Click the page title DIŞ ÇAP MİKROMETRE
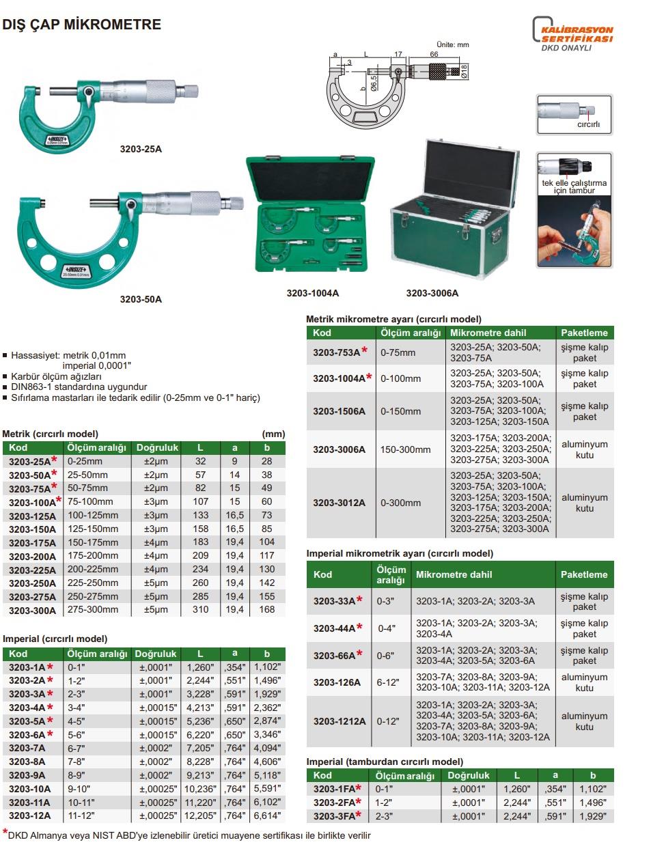(x=82, y=25)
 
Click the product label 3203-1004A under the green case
(x=312, y=293)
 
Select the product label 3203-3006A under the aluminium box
(x=432, y=293)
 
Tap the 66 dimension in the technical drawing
(x=434, y=54)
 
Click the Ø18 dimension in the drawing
(x=464, y=71)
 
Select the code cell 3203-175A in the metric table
(x=32, y=542)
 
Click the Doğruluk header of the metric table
(x=157, y=448)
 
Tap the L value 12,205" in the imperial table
(x=200, y=815)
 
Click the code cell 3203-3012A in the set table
(x=340, y=503)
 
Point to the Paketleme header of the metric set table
(x=584, y=333)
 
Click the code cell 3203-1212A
(x=340, y=721)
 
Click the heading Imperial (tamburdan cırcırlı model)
(x=385, y=762)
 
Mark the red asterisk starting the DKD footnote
(x=5, y=833)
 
